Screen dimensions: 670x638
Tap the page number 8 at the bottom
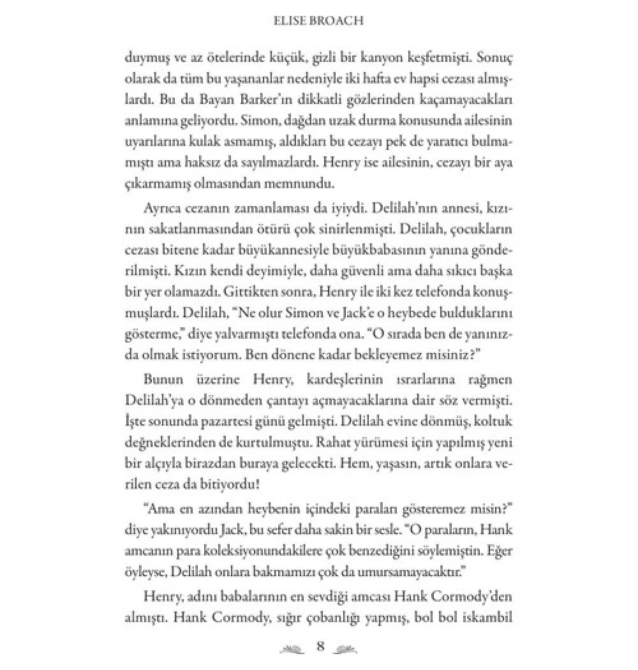(321, 647)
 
